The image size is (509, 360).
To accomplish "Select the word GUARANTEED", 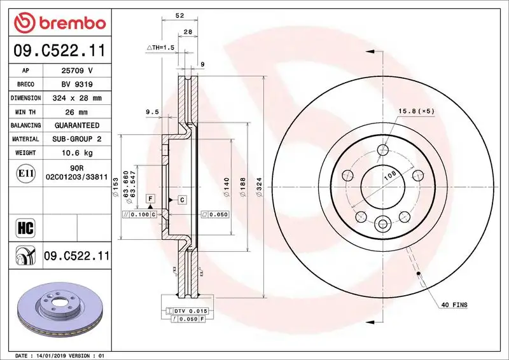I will point(76,125).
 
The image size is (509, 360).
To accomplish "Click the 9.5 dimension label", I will point(152,112).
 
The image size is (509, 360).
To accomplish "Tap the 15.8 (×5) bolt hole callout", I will point(416,111).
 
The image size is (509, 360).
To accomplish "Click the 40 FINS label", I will point(454,305).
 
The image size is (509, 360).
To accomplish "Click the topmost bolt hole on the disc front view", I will point(382,150).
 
